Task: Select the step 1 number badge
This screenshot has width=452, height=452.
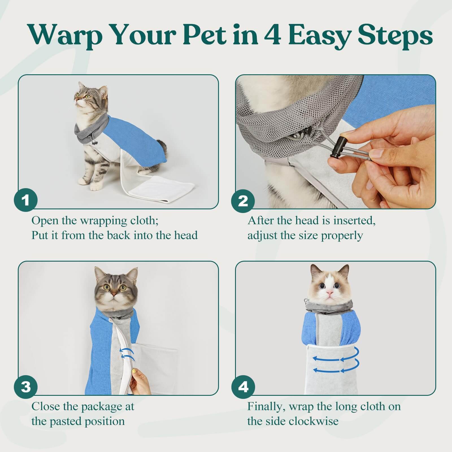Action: coord(26,200)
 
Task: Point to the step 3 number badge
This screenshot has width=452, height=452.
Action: coord(26,386)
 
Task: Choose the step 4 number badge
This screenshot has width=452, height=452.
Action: coord(243,386)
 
